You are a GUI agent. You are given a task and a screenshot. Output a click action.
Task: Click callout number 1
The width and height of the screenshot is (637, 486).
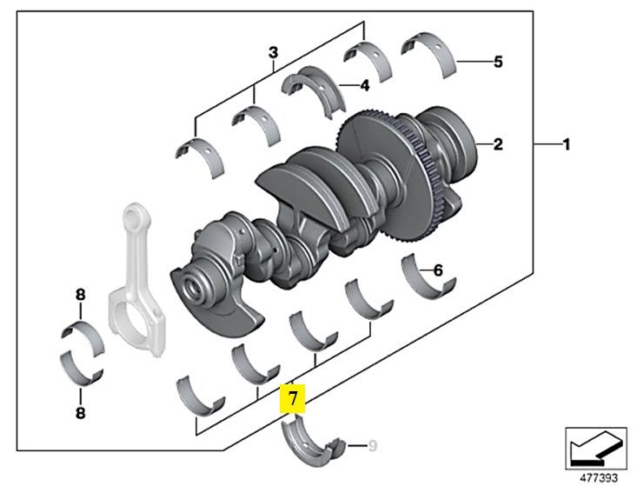point(566,144)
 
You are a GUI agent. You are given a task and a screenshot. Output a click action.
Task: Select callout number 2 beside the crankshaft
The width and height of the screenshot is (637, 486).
point(498,144)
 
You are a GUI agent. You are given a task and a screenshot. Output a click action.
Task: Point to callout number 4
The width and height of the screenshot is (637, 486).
point(365,85)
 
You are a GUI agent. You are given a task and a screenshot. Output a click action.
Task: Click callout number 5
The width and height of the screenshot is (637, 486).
point(497,62)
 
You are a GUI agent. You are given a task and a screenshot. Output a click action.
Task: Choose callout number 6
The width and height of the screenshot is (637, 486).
point(438,270)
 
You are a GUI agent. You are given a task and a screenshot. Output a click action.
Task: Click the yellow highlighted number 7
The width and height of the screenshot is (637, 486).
point(293,400)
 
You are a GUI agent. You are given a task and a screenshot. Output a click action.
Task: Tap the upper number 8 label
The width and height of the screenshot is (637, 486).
point(80,295)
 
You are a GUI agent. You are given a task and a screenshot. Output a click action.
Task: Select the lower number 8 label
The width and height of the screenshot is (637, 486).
point(80,414)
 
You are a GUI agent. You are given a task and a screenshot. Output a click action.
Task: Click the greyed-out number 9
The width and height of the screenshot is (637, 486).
point(373,447)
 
